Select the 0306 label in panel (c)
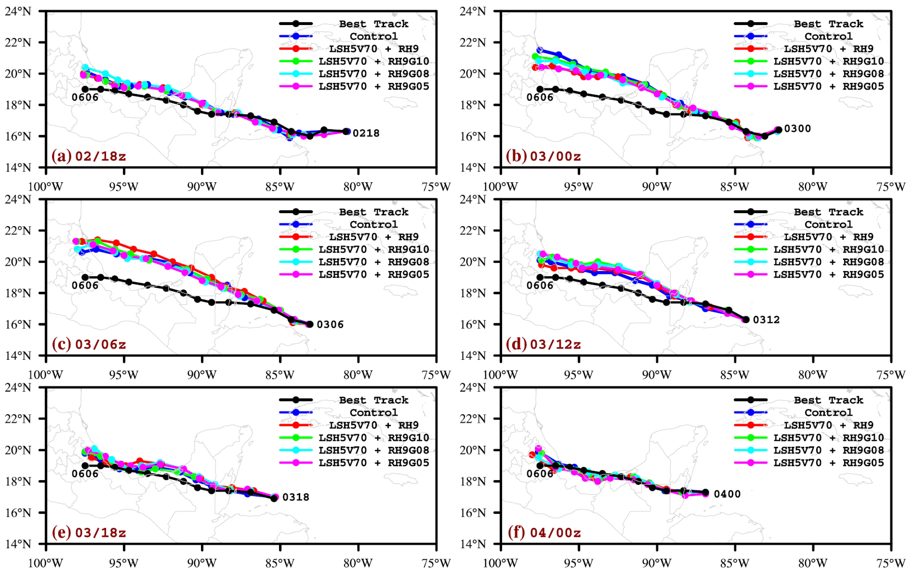[x=330, y=324]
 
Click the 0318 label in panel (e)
[x=296, y=497]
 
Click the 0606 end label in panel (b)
[x=540, y=97]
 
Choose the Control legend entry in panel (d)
[x=828, y=224]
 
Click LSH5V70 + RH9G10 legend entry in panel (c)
[x=374, y=249]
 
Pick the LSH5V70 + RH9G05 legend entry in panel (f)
[x=828, y=463]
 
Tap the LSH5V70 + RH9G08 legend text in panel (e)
[x=374, y=450]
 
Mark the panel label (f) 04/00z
[x=544, y=533]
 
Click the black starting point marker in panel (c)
[x=310, y=324]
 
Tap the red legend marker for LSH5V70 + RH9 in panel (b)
[x=751, y=49]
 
